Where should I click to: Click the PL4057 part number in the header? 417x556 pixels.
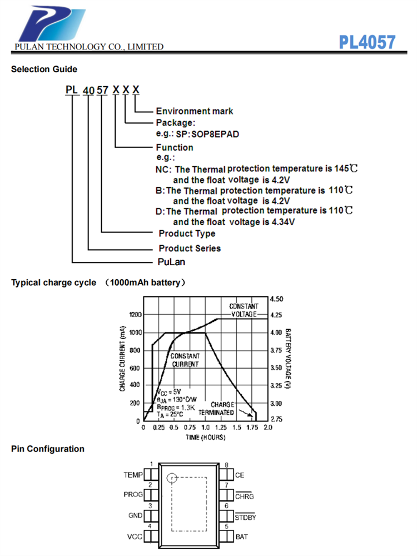367,42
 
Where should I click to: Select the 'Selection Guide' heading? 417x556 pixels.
44,69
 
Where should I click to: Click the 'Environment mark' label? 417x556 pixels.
195,111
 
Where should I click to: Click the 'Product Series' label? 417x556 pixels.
190,249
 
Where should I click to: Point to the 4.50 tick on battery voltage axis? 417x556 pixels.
276,299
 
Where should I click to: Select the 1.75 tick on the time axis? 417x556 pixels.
252,428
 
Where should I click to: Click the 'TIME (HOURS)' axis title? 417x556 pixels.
205,438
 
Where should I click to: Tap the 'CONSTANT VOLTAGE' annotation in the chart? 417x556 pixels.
244,310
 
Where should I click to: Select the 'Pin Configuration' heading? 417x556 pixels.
48,449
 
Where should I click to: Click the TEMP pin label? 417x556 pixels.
133,475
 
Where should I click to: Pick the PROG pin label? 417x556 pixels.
133,494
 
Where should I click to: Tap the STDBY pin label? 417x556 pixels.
245,517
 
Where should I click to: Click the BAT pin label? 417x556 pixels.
241,537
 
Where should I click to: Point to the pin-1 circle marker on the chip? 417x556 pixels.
171,477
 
